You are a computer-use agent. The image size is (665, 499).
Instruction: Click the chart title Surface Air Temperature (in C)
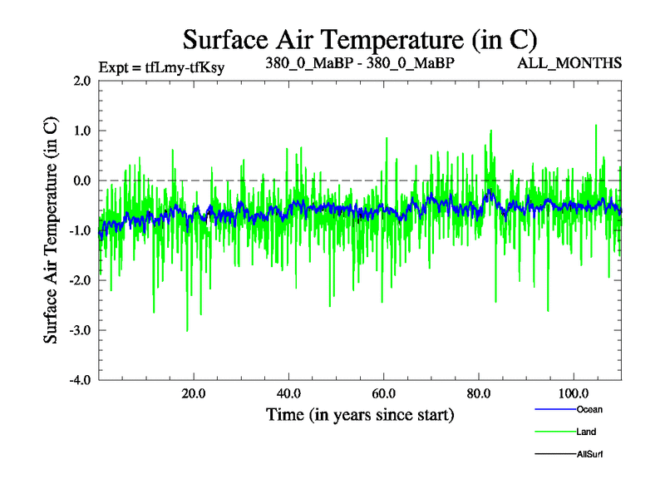coord(360,39)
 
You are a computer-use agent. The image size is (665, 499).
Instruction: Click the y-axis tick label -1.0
coord(80,230)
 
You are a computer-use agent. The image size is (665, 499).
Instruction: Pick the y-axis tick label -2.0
coord(80,280)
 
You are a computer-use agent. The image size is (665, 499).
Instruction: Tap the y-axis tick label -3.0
coord(80,330)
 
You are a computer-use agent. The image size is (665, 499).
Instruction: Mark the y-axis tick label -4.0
coord(80,380)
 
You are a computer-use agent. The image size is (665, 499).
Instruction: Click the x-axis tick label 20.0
coord(194,393)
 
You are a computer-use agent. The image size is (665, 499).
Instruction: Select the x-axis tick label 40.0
coord(288,393)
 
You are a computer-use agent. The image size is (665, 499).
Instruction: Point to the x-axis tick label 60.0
coord(383,393)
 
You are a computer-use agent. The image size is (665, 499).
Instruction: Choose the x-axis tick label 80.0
coord(478,393)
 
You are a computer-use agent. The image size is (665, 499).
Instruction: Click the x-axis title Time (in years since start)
coord(360,414)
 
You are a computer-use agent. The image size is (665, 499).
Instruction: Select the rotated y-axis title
coord(51,230)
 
